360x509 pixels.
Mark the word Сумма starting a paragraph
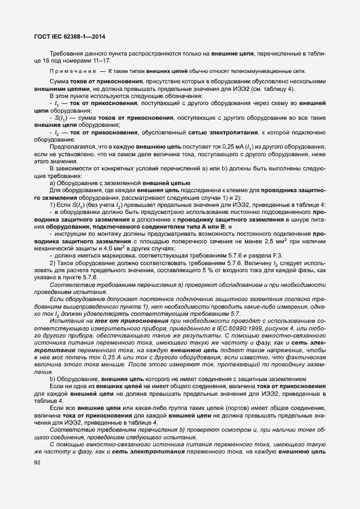[x=59, y=81]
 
